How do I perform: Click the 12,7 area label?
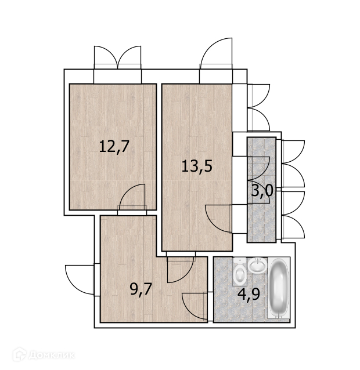click(114, 147)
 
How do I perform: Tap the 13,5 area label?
click(197, 166)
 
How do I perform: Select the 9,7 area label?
click(141, 289)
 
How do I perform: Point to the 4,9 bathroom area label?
click(249, 294)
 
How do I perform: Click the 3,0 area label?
click(262, 191)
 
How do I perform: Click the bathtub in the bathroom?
click(279, 288)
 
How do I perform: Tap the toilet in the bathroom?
click(240, 272)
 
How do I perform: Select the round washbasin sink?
click(257, 265)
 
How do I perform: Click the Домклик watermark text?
click(52, 355)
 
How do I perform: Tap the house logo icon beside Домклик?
click(19, 354)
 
